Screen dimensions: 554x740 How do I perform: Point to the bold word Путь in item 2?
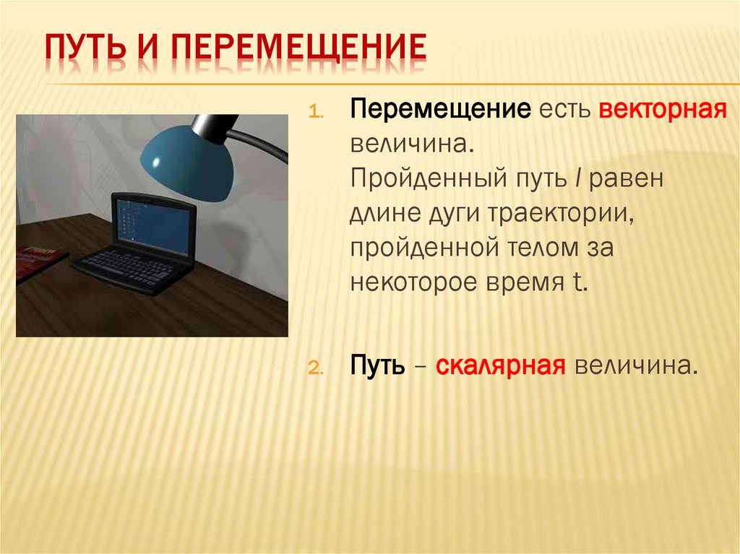coord(378,365)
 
